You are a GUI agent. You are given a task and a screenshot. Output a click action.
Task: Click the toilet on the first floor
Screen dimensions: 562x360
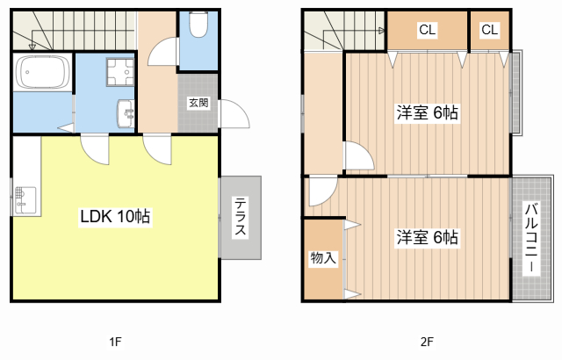coord(198,25)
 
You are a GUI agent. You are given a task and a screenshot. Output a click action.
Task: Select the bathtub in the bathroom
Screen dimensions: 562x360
coord(43,72)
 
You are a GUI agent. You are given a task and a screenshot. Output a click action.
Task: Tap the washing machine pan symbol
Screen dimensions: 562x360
coord(120,72)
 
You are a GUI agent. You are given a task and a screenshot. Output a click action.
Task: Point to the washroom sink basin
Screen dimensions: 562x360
coord(126,113)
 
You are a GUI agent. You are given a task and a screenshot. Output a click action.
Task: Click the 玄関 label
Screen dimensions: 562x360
coord(198,103)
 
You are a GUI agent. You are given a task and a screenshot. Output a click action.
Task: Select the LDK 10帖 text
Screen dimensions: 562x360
coord(115,216)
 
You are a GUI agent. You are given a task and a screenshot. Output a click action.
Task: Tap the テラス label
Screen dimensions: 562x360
coord(241,217)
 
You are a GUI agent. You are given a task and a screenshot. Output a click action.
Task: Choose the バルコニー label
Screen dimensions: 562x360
coord(531,238)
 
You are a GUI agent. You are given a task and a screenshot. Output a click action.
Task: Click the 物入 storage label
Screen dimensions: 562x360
coord(323,257)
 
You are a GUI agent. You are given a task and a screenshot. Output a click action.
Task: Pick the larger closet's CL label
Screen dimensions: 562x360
coord(428,30)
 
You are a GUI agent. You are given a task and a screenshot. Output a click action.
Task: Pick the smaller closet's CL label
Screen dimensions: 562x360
coord(490,30)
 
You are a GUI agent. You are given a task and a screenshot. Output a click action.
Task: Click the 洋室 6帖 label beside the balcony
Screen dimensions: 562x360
coord(427,237)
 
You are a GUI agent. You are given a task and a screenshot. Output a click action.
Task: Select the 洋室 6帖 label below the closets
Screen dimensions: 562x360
coord(427,113)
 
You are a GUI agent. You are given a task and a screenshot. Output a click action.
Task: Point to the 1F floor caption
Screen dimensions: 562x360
coord(115,342)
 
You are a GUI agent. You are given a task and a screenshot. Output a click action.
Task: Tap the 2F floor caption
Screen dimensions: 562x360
coord(427,342)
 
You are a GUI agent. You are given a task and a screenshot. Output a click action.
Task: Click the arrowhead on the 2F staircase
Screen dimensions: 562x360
coord(382,31)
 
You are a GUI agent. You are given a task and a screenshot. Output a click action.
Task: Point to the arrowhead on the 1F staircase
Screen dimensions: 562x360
coord(32,47)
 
